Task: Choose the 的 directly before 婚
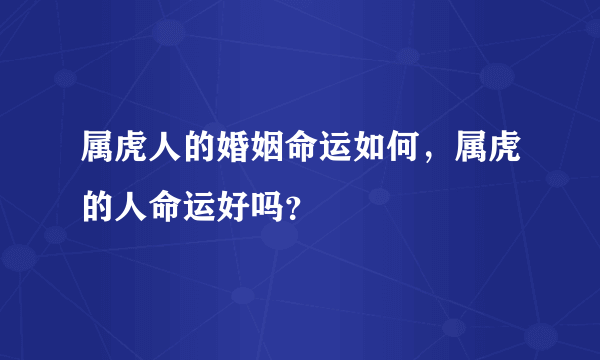pos(184,151)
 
